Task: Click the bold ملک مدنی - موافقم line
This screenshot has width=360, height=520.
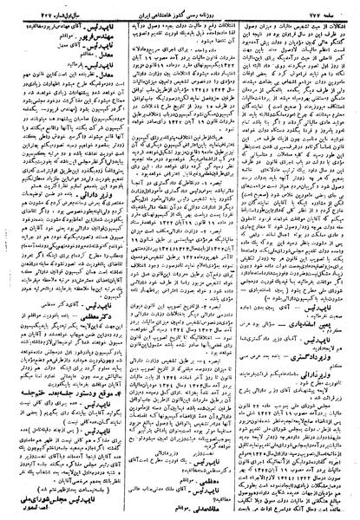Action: pos(173,503)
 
